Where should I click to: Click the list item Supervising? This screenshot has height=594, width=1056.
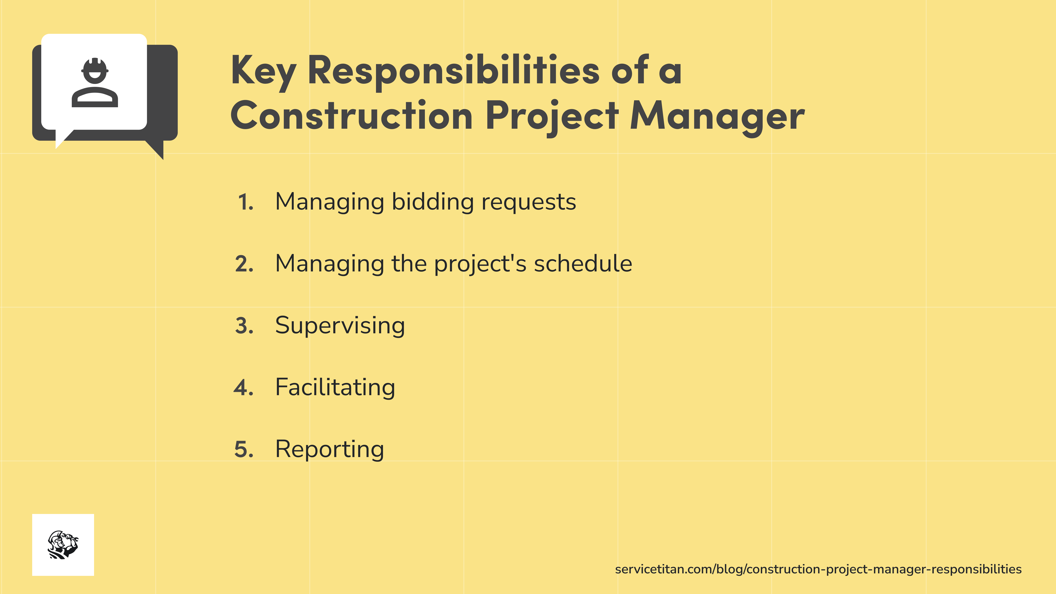340,326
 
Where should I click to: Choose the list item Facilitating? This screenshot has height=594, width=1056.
335,387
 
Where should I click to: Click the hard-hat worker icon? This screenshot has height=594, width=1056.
95,83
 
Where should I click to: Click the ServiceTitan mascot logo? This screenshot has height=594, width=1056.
63,544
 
